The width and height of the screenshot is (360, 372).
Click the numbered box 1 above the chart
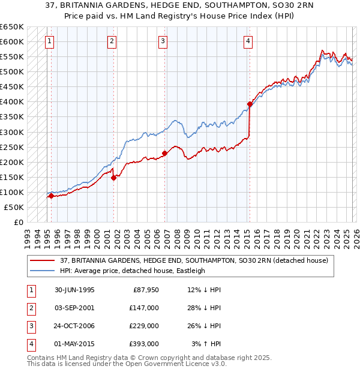49,41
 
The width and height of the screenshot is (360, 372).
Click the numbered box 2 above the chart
112,41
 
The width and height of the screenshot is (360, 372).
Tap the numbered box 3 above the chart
163,41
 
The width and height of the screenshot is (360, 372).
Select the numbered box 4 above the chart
248,41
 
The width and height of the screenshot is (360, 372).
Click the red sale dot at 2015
250,104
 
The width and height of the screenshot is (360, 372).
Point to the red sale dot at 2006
164,153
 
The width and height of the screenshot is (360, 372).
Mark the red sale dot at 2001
113,178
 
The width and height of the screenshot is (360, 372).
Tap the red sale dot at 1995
52,196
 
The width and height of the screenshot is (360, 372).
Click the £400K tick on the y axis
12,101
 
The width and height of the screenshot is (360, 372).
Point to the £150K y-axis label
12,177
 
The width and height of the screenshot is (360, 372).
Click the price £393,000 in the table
143,344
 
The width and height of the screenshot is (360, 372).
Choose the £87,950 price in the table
145,290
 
